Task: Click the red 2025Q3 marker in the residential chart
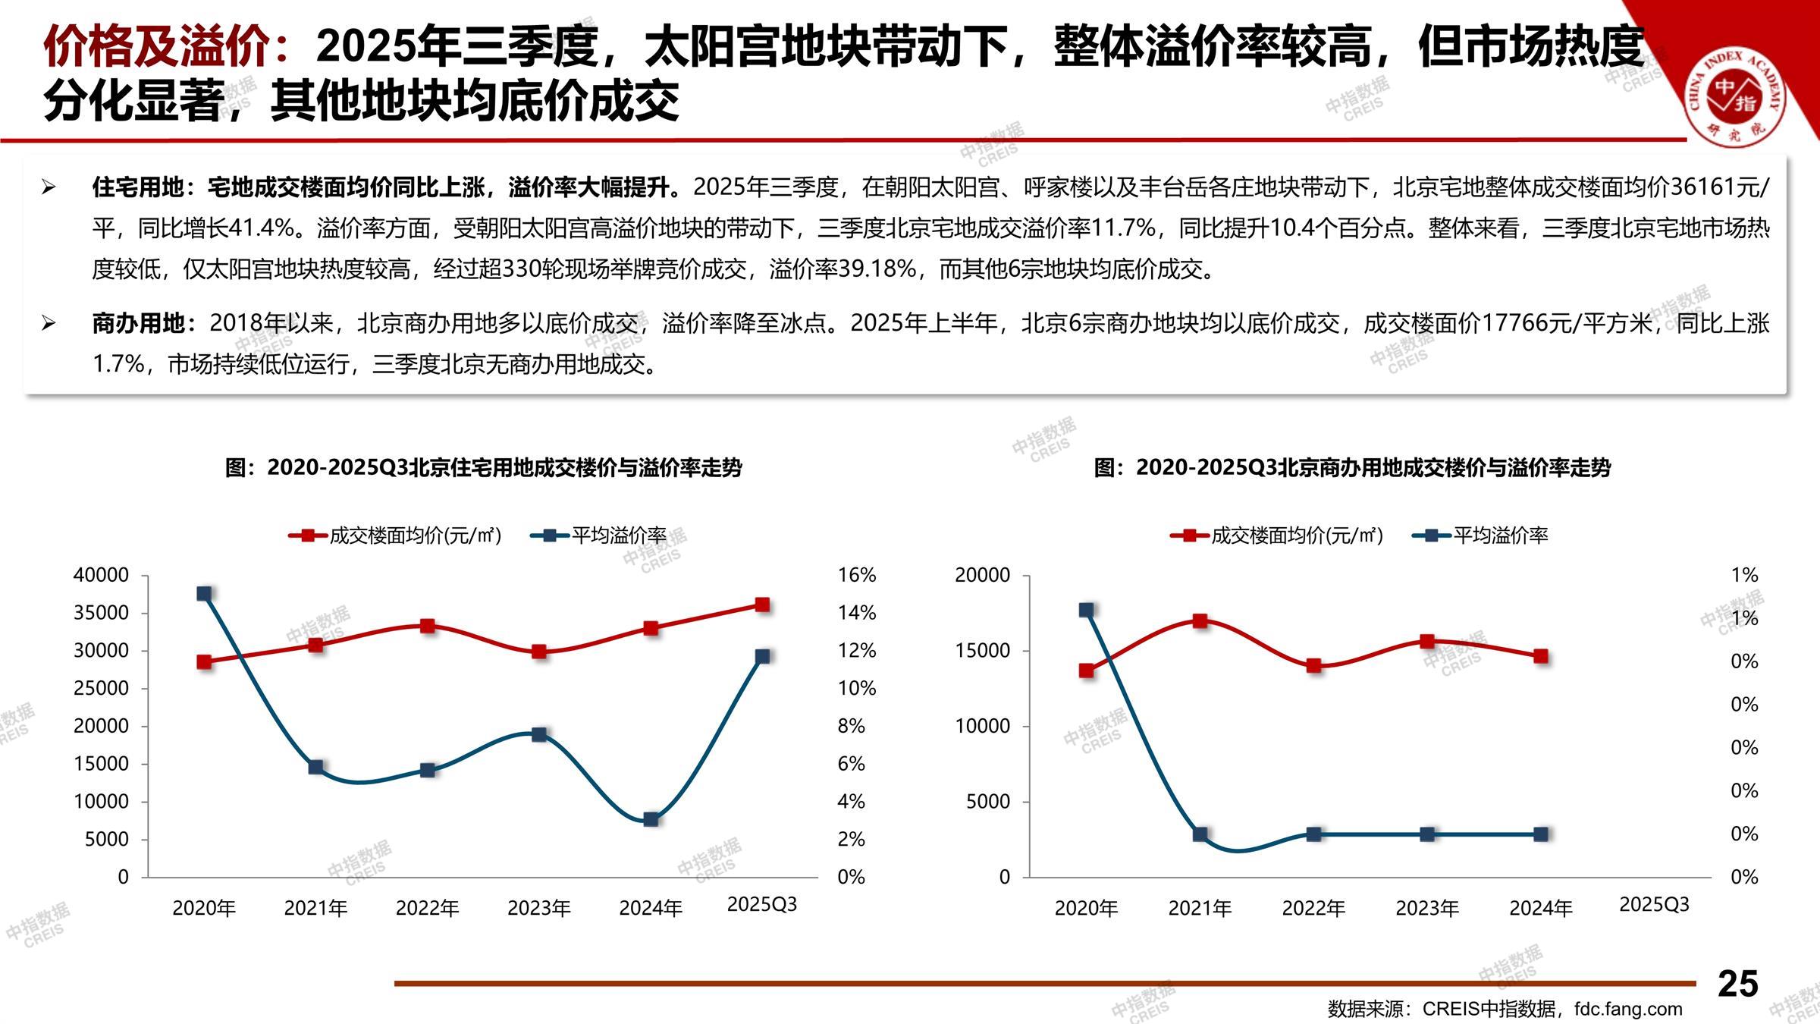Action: (x=762, y=605)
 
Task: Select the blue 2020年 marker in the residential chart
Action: (x=204, y=593)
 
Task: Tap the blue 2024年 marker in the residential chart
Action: (x=651, y=819)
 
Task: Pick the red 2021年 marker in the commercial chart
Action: (x=1200, y=620)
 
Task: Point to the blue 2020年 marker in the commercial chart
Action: (x=1086, y=610)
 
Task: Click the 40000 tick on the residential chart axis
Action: (x=101, y=575)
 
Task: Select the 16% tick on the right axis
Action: (x=856, y=575)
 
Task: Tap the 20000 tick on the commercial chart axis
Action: (x=982, y=575)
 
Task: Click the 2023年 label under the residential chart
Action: (x=538, y=908)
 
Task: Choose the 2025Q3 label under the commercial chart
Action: (x=1654, y=905)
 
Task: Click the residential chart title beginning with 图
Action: (x=483, y=467)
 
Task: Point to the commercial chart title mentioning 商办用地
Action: (x=1352, y=467)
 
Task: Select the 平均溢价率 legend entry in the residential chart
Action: (x=618, y=536)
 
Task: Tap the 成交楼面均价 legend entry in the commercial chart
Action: (x=1296, y=536)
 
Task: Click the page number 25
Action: (x=1737, y=984)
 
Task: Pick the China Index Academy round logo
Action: (x=1735, y=96)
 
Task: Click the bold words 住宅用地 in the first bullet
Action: (x=137, y=187)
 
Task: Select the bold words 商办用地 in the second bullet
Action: (x=137, y=323)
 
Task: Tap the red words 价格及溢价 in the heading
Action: (x=155, y=47)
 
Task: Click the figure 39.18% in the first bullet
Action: (x=876, y=269)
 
